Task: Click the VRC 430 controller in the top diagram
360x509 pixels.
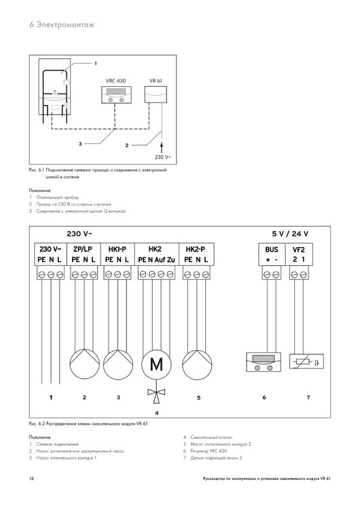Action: click(x=115, y=97)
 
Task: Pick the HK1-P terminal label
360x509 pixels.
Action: click(x=118, y=249)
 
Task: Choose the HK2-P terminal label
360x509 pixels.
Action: click(x=195, y=249)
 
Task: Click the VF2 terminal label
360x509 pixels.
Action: click(x=299, y=249)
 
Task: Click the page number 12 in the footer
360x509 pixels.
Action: click(x=31, y=479)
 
